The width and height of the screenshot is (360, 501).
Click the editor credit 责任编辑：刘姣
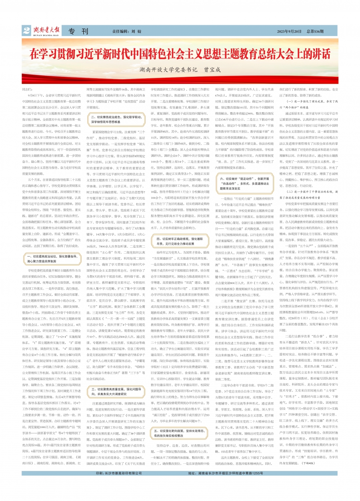128,31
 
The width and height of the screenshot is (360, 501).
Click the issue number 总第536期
315,31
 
